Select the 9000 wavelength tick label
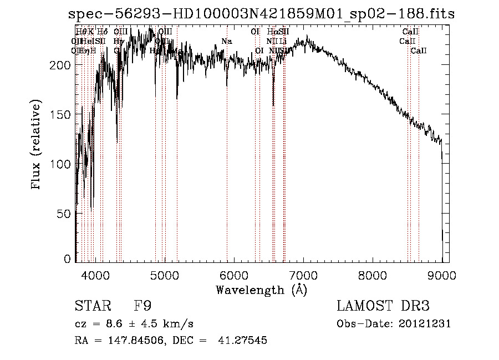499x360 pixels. tap(442, 275)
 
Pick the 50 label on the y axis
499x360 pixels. tap(65, 214)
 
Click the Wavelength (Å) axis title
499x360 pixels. tap(261, 290)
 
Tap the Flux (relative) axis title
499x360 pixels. tap(37, 145)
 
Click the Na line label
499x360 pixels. tap(226, 41)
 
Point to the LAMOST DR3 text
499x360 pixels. tap(383, 306)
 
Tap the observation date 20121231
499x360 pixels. tap(425, 324)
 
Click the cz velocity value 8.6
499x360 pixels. tap(111, 324)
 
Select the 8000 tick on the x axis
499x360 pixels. tap(373, 275)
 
